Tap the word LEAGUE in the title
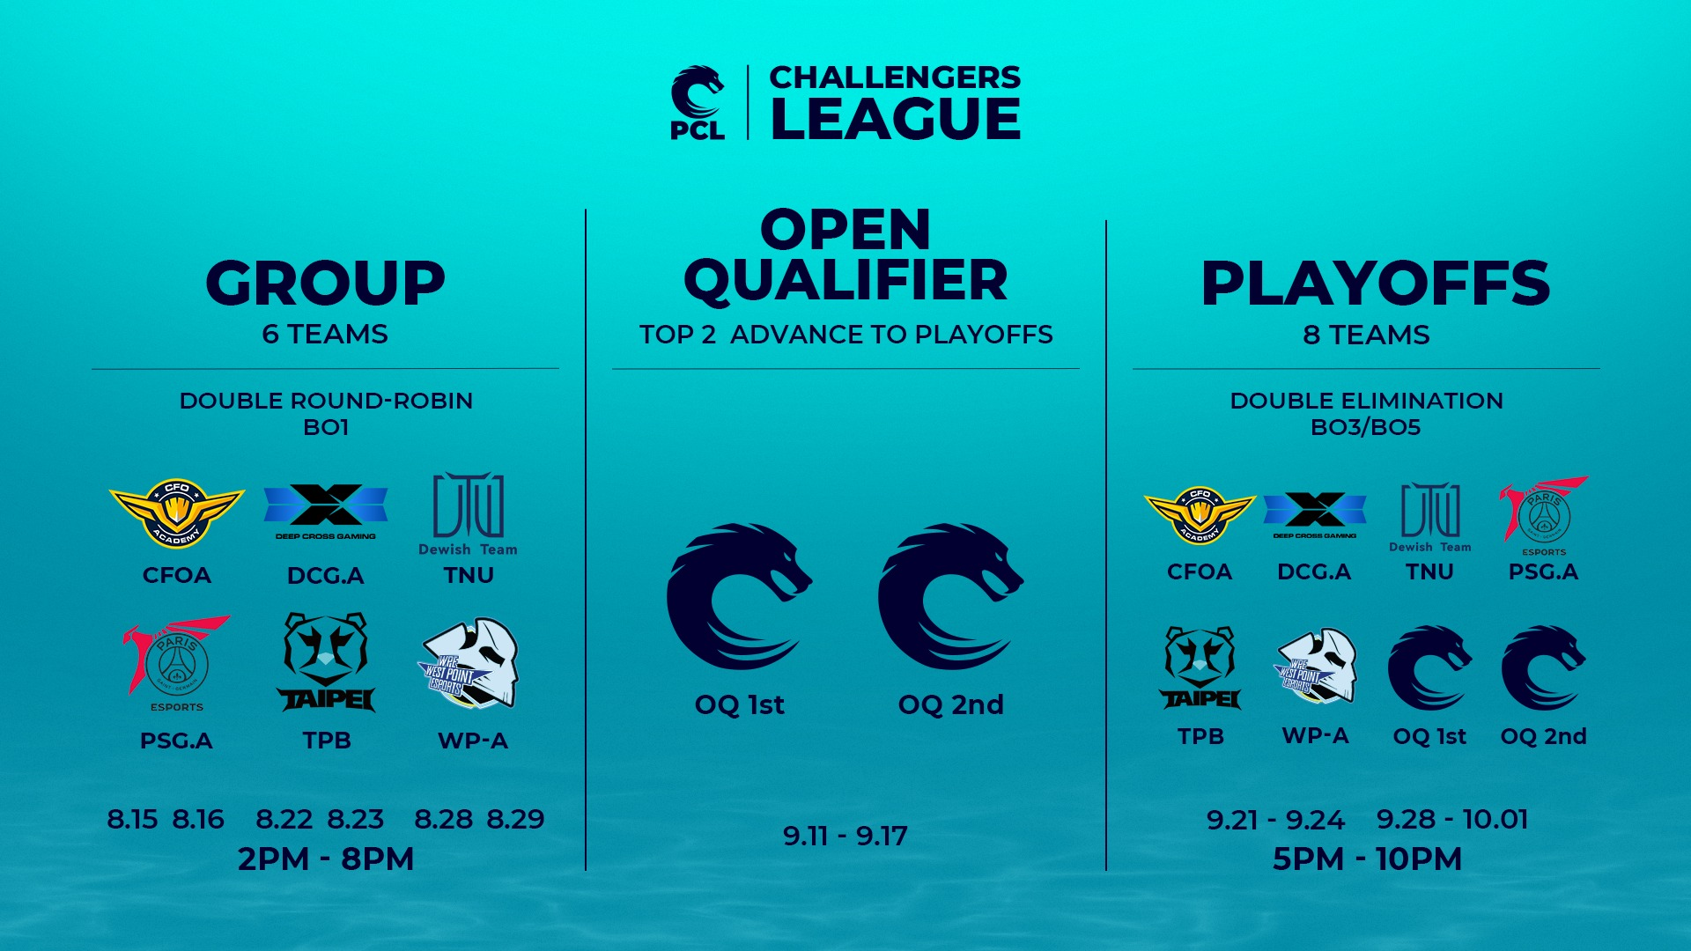click(896, 119)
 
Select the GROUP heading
click(326, 284)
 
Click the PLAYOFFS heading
click(1375, 284)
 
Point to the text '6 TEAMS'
click(325, 335)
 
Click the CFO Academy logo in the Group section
click(177, 512)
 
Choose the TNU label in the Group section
click(469, 575)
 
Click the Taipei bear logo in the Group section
click(326, 662)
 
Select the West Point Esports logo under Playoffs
click(1316, 666)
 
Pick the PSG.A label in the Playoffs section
click(1543, 572)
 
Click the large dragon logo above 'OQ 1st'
click(740, 597)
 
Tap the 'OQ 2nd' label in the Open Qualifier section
click(951, 705)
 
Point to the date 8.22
click(284, 820)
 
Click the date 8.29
click(515, 820)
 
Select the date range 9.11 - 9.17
click(845, 837)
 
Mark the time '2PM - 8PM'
click(326, 859)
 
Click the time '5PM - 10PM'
click(1367, 859)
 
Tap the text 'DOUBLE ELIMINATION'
click(1367, 401)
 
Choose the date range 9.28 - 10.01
click(1452, 820)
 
